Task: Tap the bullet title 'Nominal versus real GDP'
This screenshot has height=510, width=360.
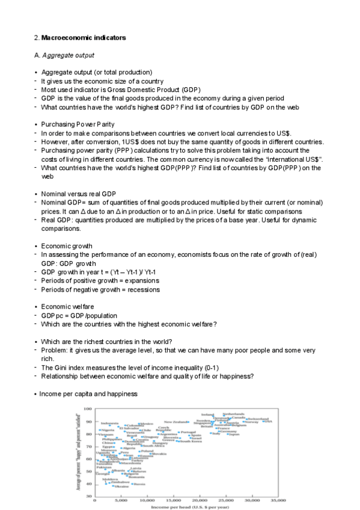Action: (x=78, y=194)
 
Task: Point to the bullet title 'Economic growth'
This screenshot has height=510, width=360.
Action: (x=67, y=245)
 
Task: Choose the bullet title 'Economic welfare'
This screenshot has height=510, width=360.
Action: (x=68, y=306)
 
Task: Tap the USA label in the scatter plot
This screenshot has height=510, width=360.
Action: (x=268, y=422)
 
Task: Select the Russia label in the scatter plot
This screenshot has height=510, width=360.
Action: (x=139, y=484)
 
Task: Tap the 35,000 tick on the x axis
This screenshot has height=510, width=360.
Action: (x=278, y=500)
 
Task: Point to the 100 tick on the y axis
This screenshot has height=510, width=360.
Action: (x=88, y=409)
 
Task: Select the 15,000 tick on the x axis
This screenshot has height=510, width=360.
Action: (x=173, y=500)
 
